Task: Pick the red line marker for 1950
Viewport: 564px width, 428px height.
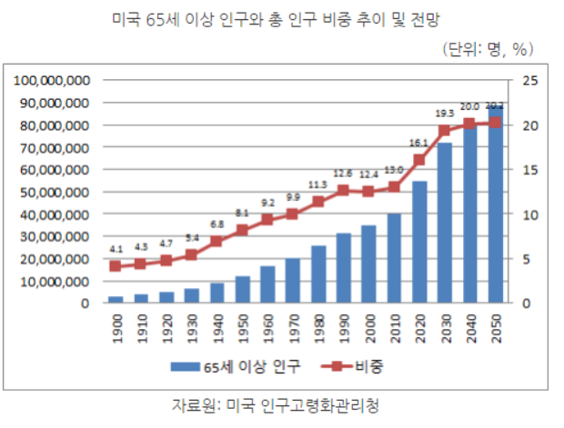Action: (x=242, y=230)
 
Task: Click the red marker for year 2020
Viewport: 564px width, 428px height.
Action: (x=419, y=160)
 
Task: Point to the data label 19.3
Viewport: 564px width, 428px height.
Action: (x=445, y=114)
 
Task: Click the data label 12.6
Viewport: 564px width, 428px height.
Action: (x=343, y=174)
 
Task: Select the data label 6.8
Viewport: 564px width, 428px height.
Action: (x=217, y=224)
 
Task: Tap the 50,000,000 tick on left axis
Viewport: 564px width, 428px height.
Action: (x=52, y=192)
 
